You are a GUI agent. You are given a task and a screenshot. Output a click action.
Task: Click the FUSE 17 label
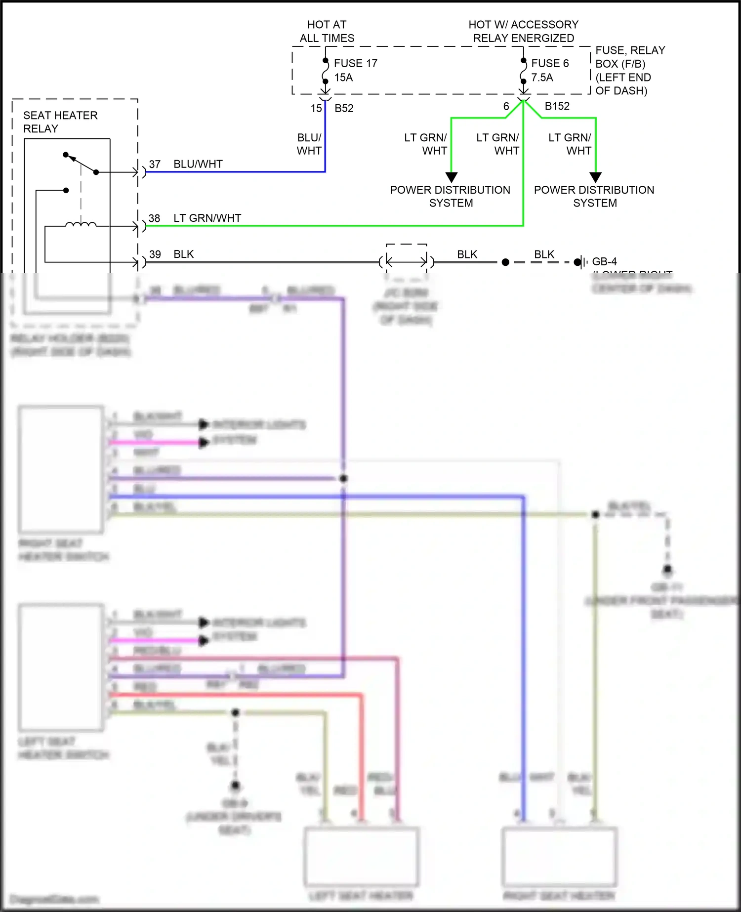point(355,63)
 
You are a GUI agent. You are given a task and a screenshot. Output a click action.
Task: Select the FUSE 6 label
point(549,63)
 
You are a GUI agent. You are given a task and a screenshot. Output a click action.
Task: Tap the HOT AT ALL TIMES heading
point(327,31)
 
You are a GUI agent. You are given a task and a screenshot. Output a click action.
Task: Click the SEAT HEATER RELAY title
point(60,122)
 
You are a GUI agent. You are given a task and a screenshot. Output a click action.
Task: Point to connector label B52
point(344,108)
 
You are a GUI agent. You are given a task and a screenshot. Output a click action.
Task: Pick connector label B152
point(557,106)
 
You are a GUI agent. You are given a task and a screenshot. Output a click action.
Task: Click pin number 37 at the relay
point(155,164)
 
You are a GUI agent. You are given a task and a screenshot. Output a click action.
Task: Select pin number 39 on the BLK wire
point(155,254)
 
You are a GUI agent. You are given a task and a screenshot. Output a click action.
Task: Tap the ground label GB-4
point(604,262)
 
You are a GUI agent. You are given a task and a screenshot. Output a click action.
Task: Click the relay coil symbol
point(81,225)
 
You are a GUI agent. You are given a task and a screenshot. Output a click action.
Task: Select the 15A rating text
point(343,78)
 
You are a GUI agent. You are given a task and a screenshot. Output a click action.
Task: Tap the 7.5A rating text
point(542,78)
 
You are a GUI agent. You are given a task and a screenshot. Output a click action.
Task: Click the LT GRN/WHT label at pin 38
point(207,218)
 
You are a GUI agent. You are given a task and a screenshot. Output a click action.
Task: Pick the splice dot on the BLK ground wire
point(505,262)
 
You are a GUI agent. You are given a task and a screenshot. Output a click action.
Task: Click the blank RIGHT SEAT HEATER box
point(559,856)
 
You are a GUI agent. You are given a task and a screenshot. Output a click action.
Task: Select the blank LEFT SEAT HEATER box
point(361,856)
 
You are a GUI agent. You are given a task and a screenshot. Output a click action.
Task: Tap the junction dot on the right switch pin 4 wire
point(344,478)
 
